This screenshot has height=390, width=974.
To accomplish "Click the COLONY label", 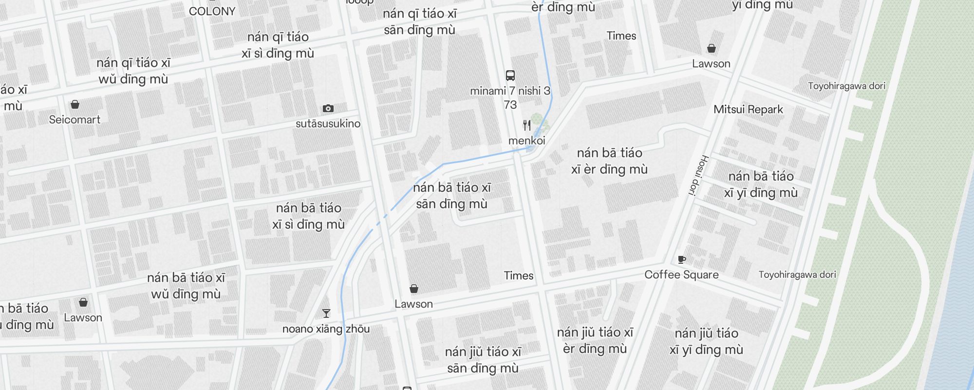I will (212, 11).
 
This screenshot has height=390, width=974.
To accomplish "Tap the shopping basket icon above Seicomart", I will (75, 104).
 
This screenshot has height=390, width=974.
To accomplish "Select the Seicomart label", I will (75, 119).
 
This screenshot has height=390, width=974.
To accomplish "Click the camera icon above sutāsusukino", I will (328, 108).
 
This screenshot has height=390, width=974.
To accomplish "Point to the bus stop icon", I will (510, 76).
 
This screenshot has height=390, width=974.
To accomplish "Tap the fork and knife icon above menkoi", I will (527, 125).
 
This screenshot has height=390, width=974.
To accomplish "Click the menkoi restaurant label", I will (526, 141).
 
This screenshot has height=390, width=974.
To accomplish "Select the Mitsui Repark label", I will (748, 109).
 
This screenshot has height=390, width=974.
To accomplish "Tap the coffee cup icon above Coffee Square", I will (682, 259).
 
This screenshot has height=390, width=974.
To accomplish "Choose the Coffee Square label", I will (681, 275).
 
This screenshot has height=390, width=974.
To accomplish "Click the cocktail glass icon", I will (326, 313).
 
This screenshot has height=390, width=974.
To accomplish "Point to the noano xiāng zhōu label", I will (326, 329).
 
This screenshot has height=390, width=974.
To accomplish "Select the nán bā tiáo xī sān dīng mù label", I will (452, 195).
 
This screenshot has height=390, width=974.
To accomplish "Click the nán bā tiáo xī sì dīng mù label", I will (308, 216).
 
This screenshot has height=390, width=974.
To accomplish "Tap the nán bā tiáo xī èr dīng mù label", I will (609, 161).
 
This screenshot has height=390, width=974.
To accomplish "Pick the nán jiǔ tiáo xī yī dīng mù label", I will (706, 341).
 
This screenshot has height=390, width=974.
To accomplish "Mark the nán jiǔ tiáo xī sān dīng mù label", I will (483, 360).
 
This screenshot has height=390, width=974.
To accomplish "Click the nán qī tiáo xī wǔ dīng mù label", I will (133, 71).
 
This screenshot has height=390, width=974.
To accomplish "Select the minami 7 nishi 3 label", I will (510, 91).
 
